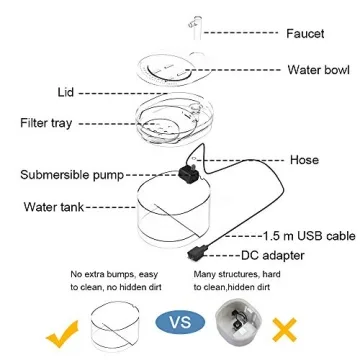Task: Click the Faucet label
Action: pyautogui.click(x=305, y=33)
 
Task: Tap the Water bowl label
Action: pyautogui.click(x=317, y=70)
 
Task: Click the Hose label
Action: pyautogui.click(x=304, y=160)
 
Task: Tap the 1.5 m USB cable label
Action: pyautogui.click(x=309, y=236)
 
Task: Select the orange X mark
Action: pyautogui.click(x=288, y=326)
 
